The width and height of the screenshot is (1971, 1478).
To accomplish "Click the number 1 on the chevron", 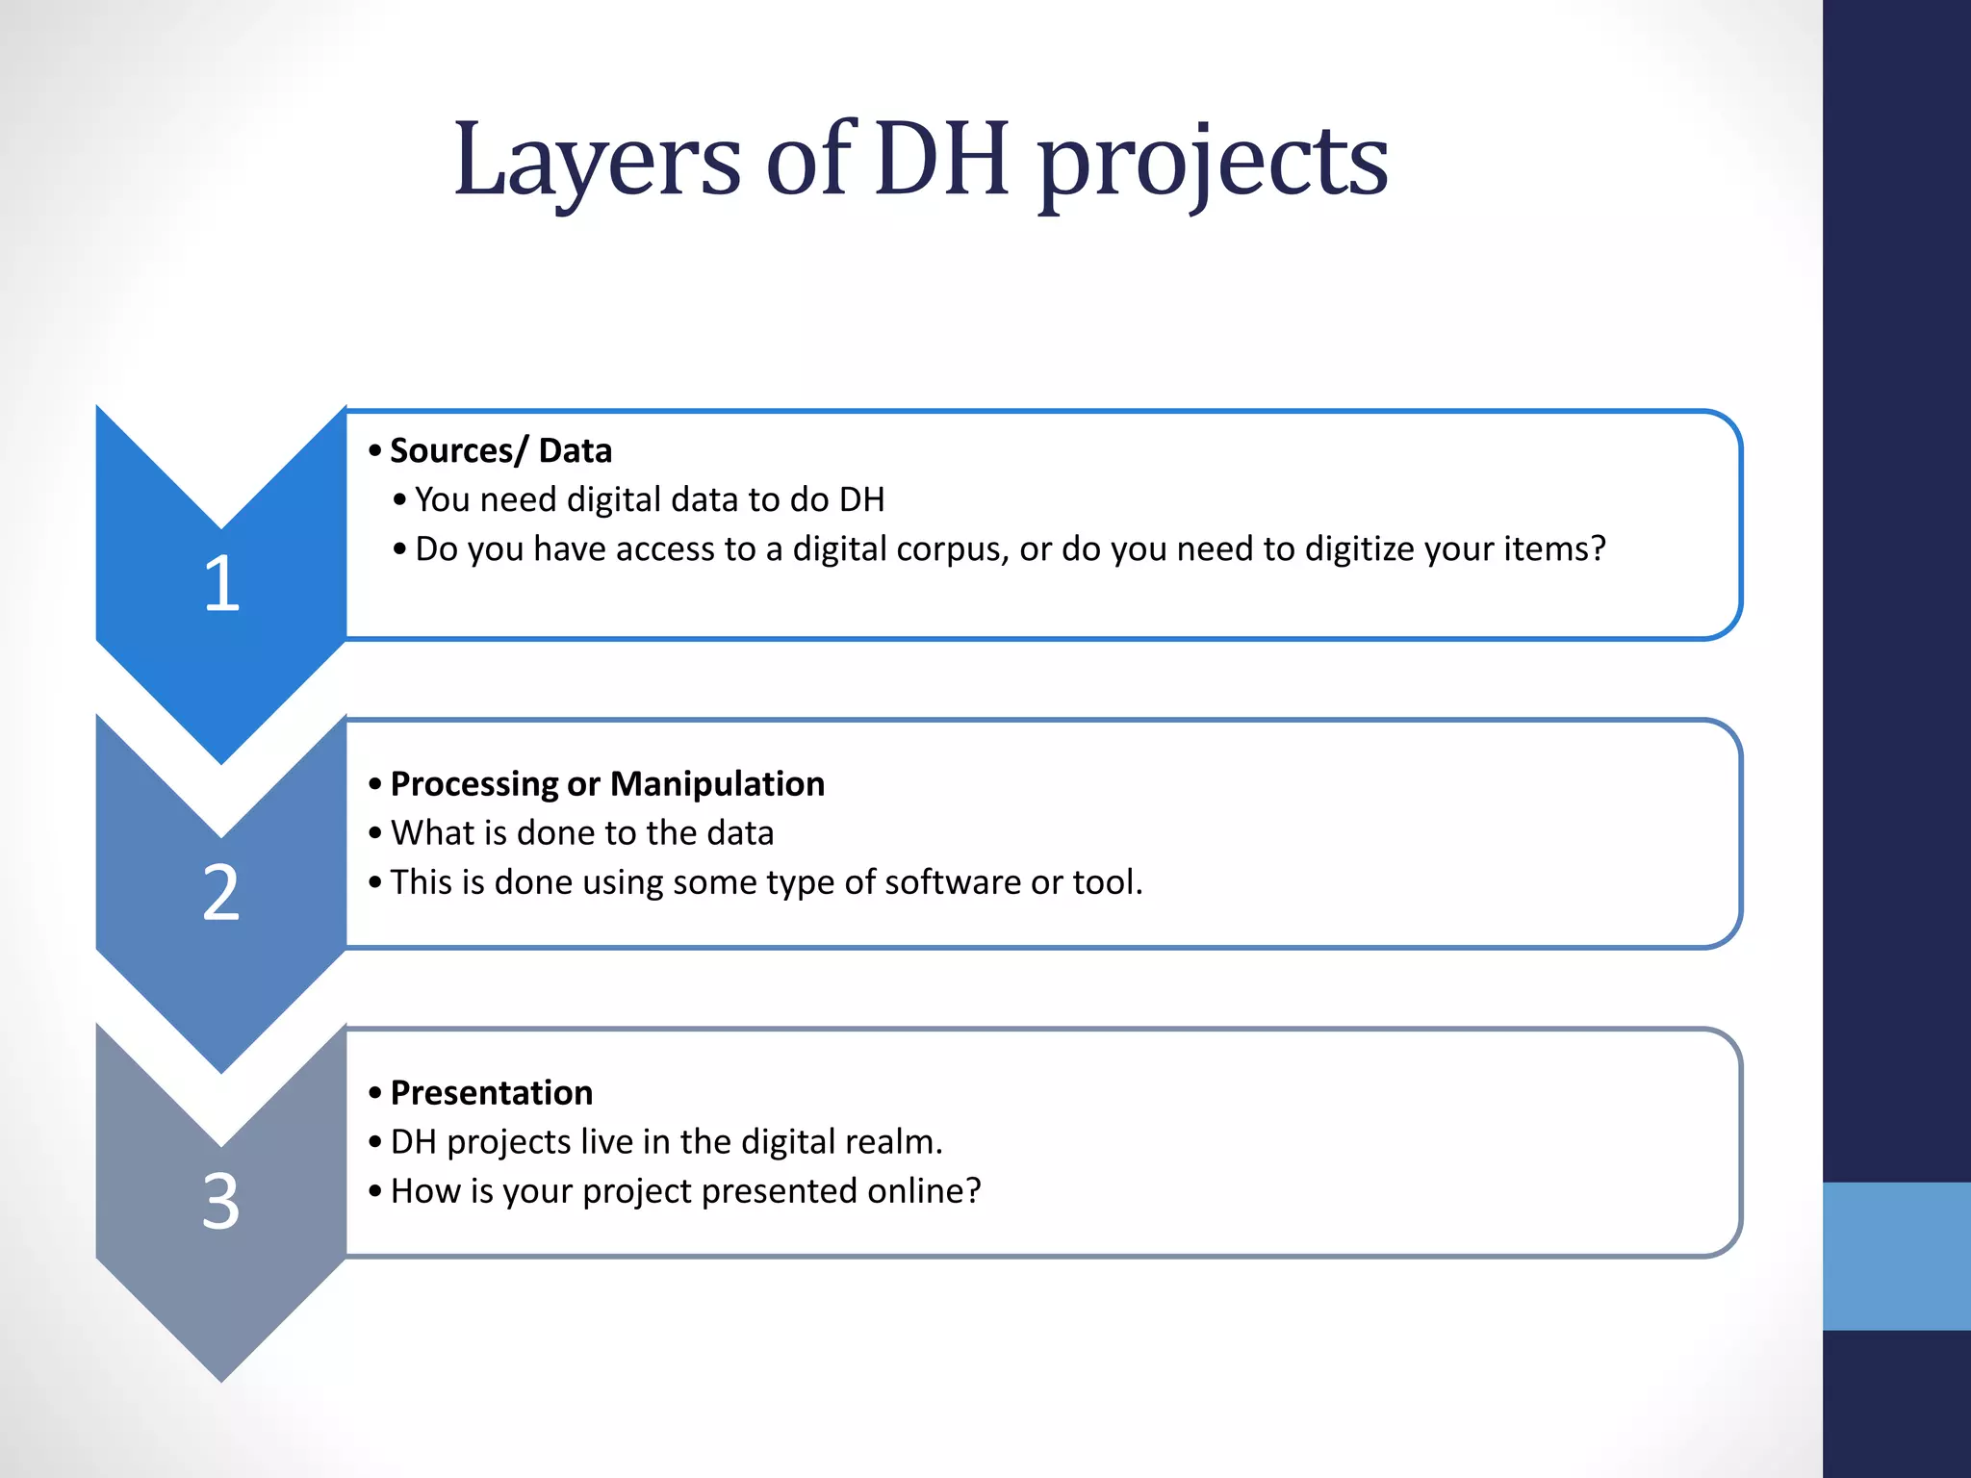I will coord(221,583).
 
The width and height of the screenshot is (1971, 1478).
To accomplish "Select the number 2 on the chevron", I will coord(221,893).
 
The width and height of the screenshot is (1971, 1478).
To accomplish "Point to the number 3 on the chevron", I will coord(221,1202).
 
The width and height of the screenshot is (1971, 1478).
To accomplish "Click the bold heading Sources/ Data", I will coord(500,450).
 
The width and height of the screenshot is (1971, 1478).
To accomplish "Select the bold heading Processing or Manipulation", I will coord(607,784).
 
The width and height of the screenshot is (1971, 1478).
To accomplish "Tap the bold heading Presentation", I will coord(492,1093).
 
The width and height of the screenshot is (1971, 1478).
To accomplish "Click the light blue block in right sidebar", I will coord(1896,1256).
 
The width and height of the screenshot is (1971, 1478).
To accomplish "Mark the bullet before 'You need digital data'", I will coord(399,500).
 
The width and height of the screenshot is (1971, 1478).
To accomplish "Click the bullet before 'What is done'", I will coord(375,833).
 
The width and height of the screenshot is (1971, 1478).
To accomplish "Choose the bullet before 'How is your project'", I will coord(375,1191).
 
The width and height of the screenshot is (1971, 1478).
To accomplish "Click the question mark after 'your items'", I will coord(1598,548).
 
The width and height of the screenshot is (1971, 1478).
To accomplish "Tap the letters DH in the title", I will coord(943,159).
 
